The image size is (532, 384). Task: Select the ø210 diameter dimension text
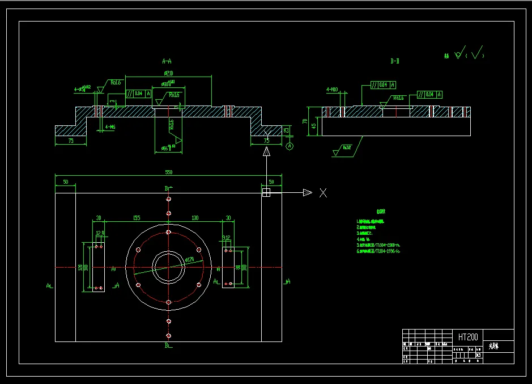pos(168,73)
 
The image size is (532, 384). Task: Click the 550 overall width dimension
pos(168,172)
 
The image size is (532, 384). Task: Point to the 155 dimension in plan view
pos(136,218)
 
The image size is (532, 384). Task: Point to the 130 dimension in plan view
pos(195,218)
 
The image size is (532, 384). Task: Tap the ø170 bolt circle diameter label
pos(189,260)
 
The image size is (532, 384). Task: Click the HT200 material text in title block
pos(468,337)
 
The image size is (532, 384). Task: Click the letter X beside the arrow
pos(323,193)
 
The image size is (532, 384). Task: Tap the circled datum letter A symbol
pos(290,146)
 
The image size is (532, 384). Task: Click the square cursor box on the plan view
pos(266,193)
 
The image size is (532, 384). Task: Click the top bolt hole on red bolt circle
pos(168,232)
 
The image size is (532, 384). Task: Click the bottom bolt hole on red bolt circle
pos(168,302)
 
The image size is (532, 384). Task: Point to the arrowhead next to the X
pos(307,193)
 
